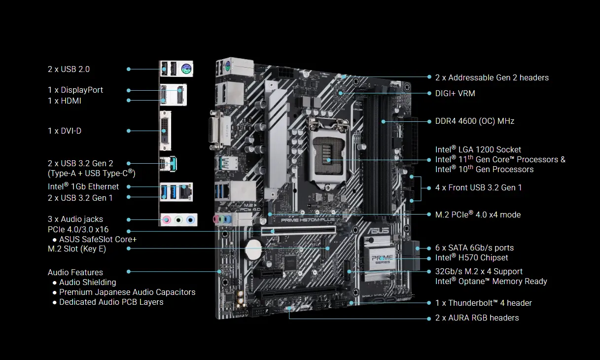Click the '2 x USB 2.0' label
(x=69, y=69)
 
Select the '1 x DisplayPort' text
(x=75, y=90)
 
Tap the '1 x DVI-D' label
(x=65, y=131)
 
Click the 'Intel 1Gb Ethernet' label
(x=83, y=186)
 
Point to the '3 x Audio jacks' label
(x=75, y=219)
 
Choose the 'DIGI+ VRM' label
(x=455, y=93)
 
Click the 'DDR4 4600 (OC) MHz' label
(x=474, y=121)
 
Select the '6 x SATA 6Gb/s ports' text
(x=474, y=248)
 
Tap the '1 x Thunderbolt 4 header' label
(x=483, y=303)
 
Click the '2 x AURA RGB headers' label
(x=477, y=318)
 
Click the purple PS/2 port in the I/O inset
(x=186, y=69)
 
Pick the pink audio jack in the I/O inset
(x=168, y=219)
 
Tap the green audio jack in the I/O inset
(x=179, y=219)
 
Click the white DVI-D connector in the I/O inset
(x=165, y=131)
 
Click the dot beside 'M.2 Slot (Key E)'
(x=129, y=249)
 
